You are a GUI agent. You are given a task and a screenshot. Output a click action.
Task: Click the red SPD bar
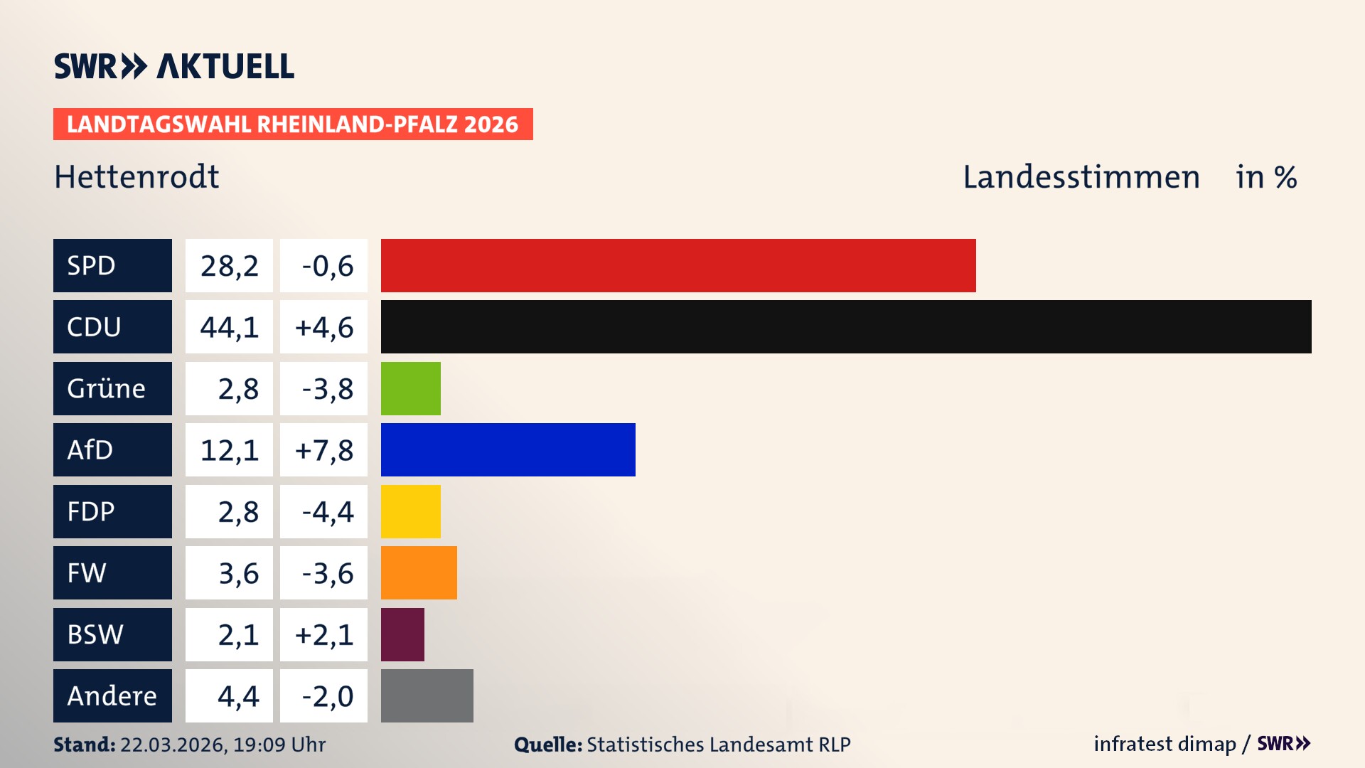(678, 265)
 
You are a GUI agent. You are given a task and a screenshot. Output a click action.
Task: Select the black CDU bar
(846, 326)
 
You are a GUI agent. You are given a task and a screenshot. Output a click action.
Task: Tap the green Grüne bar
(410, 388)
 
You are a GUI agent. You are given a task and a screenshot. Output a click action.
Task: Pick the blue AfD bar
(508, 449)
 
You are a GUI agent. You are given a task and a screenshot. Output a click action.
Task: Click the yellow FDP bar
(410, 511)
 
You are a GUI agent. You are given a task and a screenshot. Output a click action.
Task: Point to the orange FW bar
(419, 572)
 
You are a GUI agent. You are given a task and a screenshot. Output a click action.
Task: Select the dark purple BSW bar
(402, 634)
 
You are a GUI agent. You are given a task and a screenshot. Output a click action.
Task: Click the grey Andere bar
(427, 695)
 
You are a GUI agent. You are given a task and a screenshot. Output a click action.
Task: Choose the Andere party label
(112, 695)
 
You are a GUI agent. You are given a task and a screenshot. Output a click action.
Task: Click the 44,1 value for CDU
(229, 327)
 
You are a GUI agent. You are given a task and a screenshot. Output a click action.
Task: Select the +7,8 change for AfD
(323, 450)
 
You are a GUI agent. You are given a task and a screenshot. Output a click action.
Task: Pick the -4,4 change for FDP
(326, 511)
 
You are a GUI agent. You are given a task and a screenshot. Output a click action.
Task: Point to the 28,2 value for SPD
(229, 266)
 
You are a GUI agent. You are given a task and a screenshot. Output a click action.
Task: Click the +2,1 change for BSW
(323, 634)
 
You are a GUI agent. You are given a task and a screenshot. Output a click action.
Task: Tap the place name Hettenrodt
(136, 176)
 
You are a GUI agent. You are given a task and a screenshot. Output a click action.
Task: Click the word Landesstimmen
(1081, 176)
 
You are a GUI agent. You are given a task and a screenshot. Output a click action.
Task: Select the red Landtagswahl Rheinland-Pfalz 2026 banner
(293, 124)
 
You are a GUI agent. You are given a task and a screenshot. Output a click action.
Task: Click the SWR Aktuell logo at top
(174, 66)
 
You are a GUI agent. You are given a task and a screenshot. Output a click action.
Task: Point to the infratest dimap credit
(1164, 744)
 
